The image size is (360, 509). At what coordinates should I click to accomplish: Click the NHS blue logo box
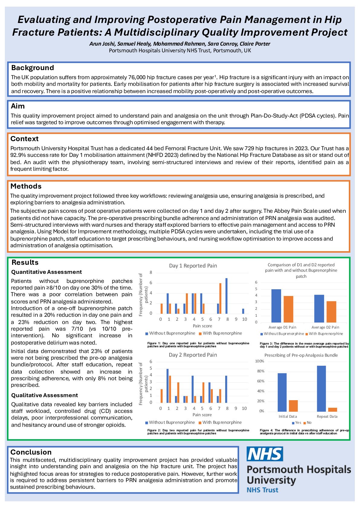click(265, 454)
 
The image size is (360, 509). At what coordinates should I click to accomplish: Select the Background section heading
click(33, 68)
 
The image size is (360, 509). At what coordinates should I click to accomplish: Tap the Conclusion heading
click(31, 452)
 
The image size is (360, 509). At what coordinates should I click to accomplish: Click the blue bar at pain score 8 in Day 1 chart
click(226, 296)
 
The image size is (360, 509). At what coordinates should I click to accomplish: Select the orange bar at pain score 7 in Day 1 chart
click(220, 298)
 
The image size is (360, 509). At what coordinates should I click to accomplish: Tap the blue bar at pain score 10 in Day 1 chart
click(243, 311)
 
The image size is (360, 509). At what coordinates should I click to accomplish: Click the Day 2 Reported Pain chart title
click(193, 355)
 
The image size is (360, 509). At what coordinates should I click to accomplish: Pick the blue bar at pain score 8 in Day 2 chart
click(226, 389)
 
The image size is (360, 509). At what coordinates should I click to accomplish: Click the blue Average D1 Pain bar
click(276, 306)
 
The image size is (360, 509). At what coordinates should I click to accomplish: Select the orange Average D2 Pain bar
click(331, 312)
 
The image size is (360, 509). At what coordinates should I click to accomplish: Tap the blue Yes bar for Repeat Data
click(322, 388)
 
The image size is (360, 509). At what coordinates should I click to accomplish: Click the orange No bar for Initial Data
click(293, 406)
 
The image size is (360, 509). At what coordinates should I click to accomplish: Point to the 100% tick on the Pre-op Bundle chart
click(259, 361)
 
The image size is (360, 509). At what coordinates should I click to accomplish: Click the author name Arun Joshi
click(101, 44)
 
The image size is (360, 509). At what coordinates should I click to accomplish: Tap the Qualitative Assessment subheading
click(44, 395)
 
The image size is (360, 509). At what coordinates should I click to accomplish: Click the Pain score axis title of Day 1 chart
click(202, 326)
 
